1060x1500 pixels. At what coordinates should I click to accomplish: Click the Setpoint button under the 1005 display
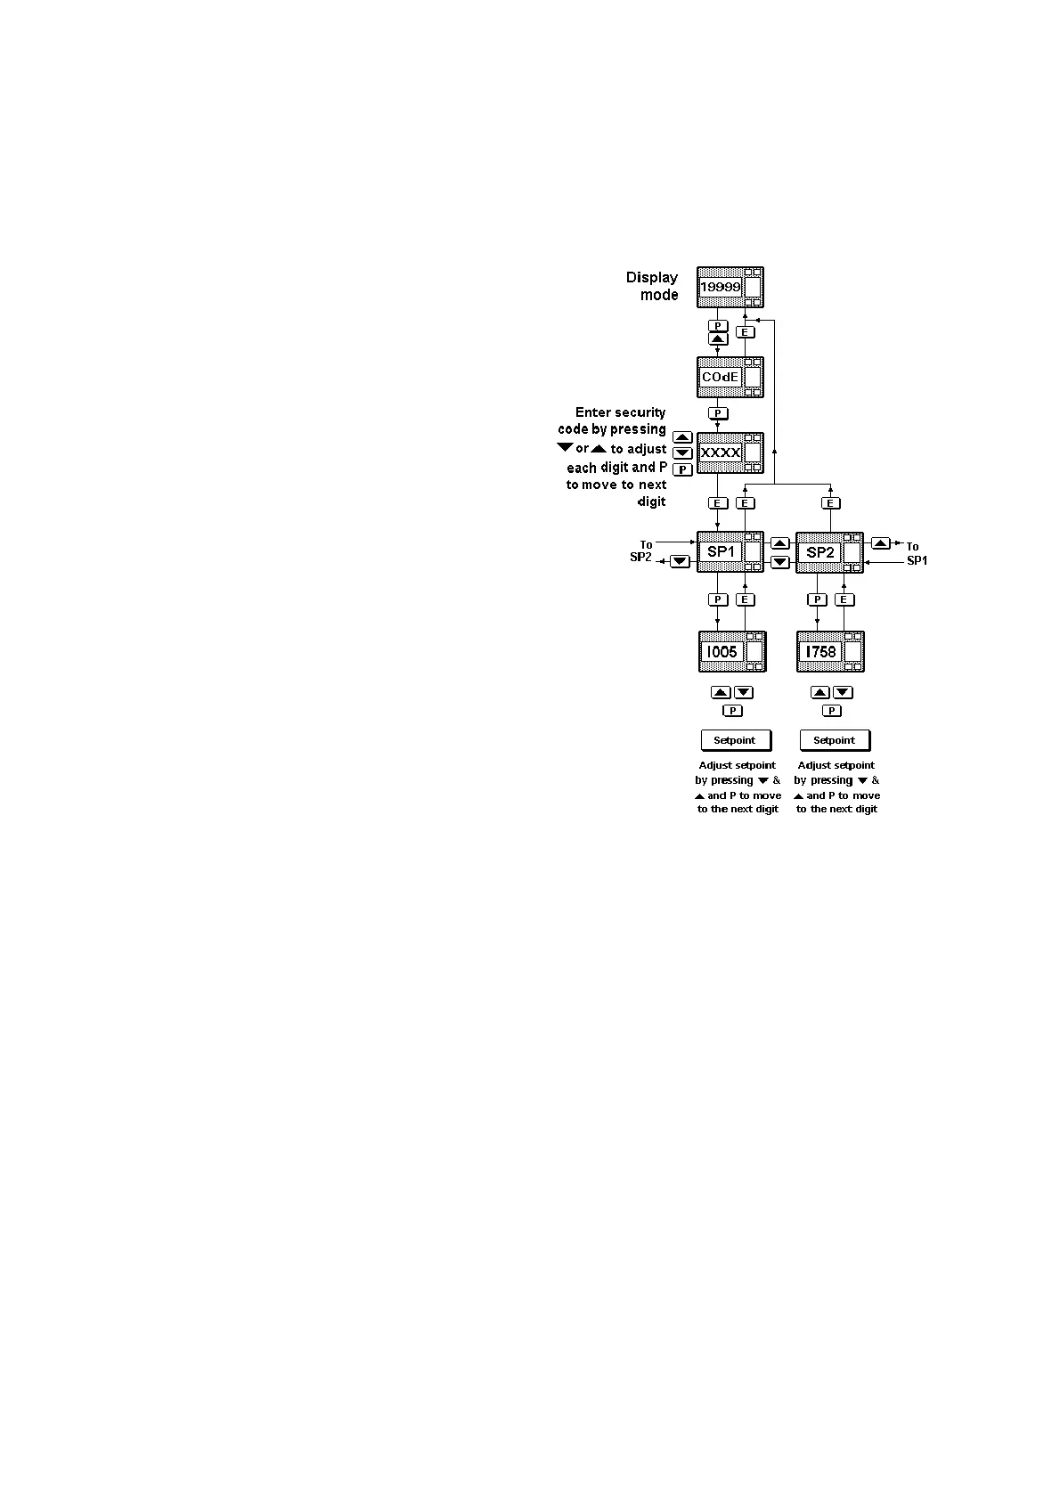(x=735, y=740)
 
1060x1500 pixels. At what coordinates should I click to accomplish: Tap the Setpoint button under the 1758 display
(x=835, y=740)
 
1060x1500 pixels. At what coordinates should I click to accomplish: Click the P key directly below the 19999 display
(x=718, y=326)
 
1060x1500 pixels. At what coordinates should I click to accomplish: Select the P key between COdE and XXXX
(x=718, y=413)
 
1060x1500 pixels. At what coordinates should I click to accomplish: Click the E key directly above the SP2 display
(x=830, y=503)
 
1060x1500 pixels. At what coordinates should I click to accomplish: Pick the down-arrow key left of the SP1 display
(x=681, y=561)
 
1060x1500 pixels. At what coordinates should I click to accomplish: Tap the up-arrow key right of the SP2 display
(x=880, y=543)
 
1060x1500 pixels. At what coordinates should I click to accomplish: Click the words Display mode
(x=652, y=286)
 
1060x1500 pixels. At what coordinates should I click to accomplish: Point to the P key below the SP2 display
(x=817, y=600)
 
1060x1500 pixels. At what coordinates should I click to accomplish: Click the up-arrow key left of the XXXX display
(x=682, y=437)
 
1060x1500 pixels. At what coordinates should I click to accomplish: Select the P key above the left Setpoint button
(x=732, y=711)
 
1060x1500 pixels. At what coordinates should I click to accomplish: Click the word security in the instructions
(x=640, y=412)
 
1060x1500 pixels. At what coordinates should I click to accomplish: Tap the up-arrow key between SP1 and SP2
(x=780, y=543)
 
